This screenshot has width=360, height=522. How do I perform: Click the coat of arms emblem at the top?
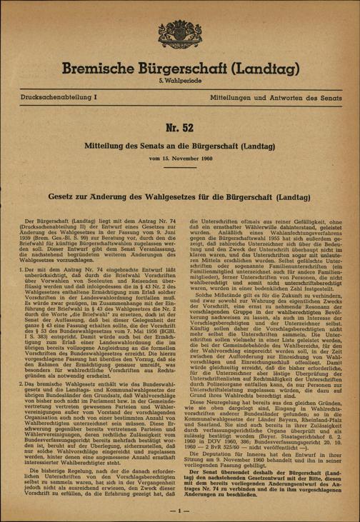click(x=179, y=34)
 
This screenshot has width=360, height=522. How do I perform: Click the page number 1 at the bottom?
click(x=180, y=511)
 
